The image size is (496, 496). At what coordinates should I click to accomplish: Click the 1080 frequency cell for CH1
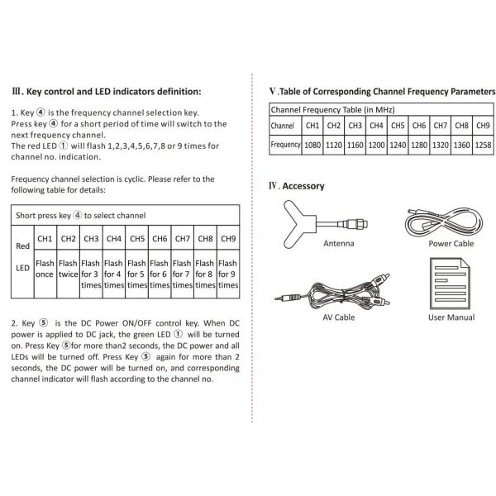tap(312, 145)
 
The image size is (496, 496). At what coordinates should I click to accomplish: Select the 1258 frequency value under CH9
tap(484, 145)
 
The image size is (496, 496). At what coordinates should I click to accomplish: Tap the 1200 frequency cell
tap(376, 145)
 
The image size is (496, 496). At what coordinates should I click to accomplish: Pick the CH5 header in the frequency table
tap(398, 126)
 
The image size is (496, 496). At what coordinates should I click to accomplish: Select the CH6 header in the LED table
tap(160, 239)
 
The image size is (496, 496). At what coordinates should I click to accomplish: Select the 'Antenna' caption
tap(338, 244)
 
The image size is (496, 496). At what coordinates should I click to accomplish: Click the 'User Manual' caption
tap(451, 317)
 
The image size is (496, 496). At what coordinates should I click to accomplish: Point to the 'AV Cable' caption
tap(338, 317)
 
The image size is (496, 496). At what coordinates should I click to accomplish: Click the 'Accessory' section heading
tap(303, 186)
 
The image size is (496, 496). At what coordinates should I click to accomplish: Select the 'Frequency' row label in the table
tap(285, 145)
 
